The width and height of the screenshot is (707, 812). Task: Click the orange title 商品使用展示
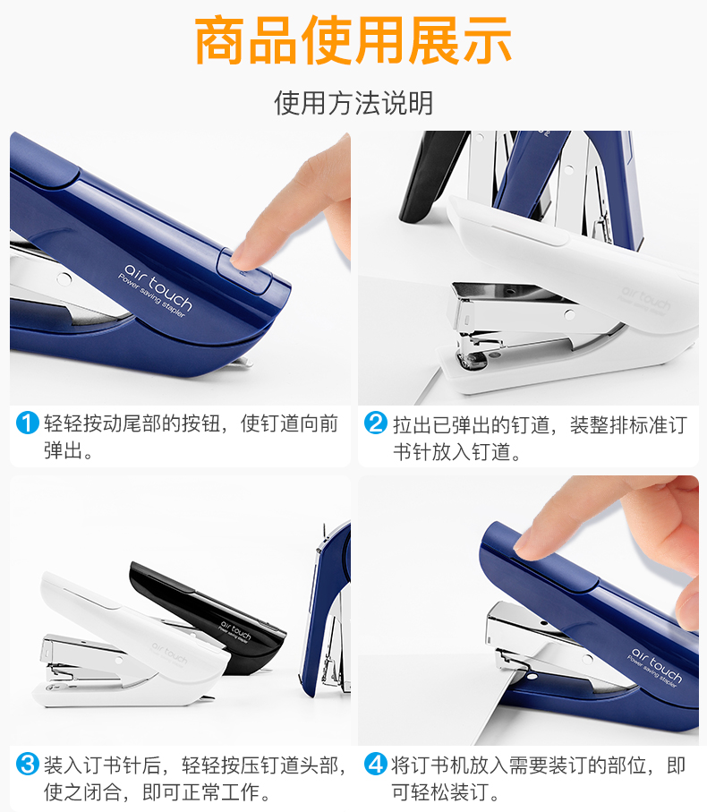[x=353, y=40]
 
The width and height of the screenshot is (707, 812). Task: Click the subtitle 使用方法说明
[x=353, y=103]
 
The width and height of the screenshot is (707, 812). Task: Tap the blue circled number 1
[x=28, y=423]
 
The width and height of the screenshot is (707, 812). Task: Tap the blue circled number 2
[x=376, y=423]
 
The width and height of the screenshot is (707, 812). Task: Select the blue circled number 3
[x=28, y=764]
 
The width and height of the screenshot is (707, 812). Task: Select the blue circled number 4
[x=376, y=764]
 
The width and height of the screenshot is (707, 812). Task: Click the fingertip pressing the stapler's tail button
[x=243, y=258]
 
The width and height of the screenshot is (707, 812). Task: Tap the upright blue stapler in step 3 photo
[x=326, y=611]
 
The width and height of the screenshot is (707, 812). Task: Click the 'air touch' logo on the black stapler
[x=235, y=632]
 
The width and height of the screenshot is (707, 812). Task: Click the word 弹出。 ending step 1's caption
[x=68, y=450]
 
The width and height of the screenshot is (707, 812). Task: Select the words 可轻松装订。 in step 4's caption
[x=446, y=791]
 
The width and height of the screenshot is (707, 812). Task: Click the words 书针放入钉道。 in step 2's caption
[x=457, y=451]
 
